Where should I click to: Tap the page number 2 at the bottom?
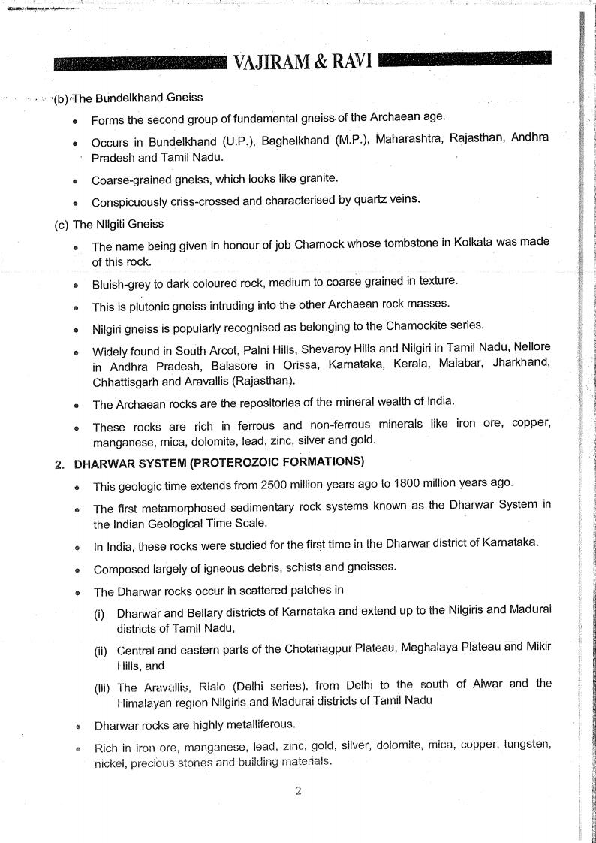298,790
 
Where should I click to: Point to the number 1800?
436,484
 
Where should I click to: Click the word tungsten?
528,746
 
